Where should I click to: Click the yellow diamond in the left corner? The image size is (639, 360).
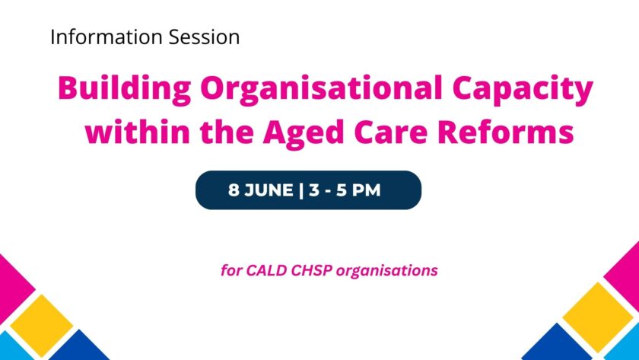tap(41, 324)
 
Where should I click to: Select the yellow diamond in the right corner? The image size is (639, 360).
tap(597, 317)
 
